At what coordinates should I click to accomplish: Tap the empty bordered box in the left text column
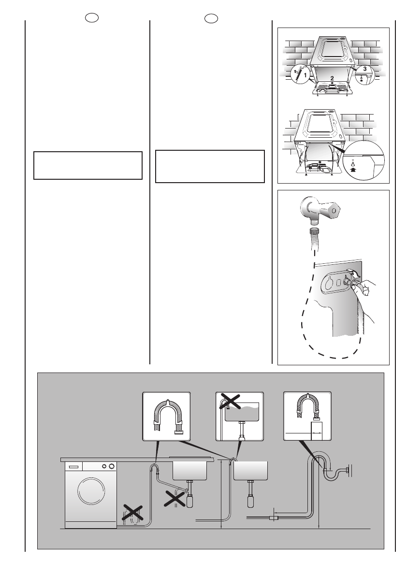click(88, 165)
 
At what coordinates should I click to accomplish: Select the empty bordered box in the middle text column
click(210, 166)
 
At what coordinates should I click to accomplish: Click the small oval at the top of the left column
click(88, 18)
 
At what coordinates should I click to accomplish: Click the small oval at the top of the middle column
click(210, 18)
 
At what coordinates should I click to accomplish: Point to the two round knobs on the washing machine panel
click(108, 466)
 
